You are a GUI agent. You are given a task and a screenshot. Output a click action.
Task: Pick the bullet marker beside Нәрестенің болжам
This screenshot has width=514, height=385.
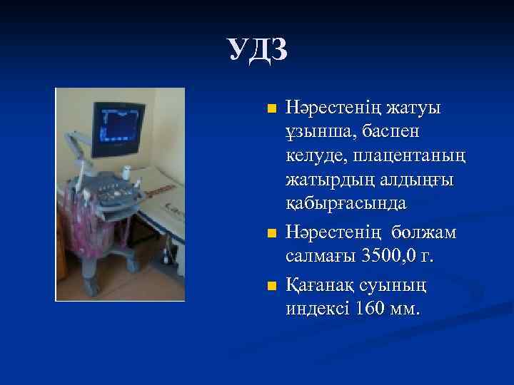[270, 233]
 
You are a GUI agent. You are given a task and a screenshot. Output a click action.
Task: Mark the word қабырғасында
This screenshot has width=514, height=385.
[346, 203]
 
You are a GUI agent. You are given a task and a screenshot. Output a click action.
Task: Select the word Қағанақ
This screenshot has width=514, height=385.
[321, 286]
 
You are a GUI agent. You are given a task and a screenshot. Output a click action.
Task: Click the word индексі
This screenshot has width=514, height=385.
[317, 309]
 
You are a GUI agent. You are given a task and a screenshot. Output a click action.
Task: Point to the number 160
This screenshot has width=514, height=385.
[371, 309]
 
